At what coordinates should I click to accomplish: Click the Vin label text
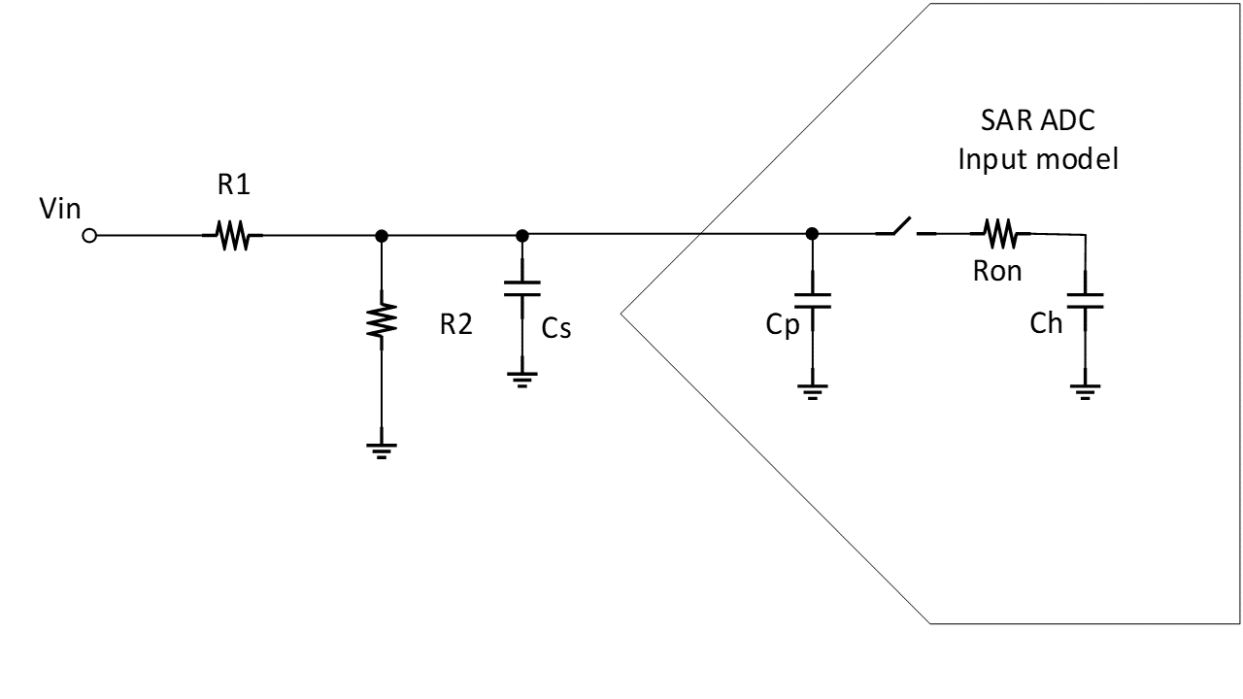pyautogui.click(x=60, y=210)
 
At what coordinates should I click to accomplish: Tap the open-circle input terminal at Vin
pyautogui.click(x=89, y=235)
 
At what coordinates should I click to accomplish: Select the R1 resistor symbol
pyautogui.click(x=232, y=235)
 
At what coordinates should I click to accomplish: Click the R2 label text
pyautogui.click(x=455, y=325)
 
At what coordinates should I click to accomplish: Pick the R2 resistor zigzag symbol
pyautogui.click(x=381, y=319)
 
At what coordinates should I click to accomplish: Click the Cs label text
pyautogui.click(x=556, y=329)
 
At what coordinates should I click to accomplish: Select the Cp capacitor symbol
pyautogui.click(x=812, y=299)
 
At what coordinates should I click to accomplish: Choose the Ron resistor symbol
pyautogui.click(x=999, y=233)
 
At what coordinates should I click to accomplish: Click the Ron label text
pyautogui.click(x=997, y=272)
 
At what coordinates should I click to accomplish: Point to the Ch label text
pyautogui.click(x=1047, y=324)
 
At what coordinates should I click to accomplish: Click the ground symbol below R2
pyautogui.click(x=381, y=449)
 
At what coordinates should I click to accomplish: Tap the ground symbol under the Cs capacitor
pyautogui.click(x=521, y=381)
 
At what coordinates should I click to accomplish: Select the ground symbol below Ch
pyautogui.click(x=1085, y=391)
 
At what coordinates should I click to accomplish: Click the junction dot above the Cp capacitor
pyautogui.click(x=812, y=234)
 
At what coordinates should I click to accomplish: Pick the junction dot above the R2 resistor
pyautogui.click(x=381, y=235)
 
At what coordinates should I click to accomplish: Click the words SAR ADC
pyautogui.click(x=1037, y=124)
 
